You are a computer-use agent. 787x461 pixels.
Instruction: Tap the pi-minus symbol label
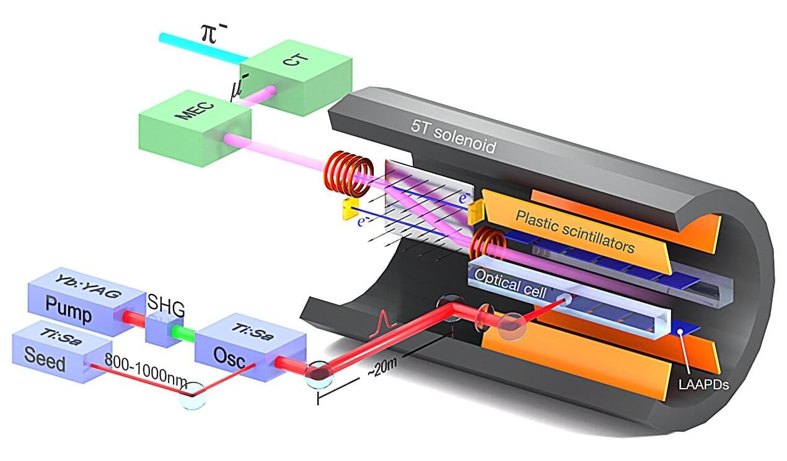click(214, 32)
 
